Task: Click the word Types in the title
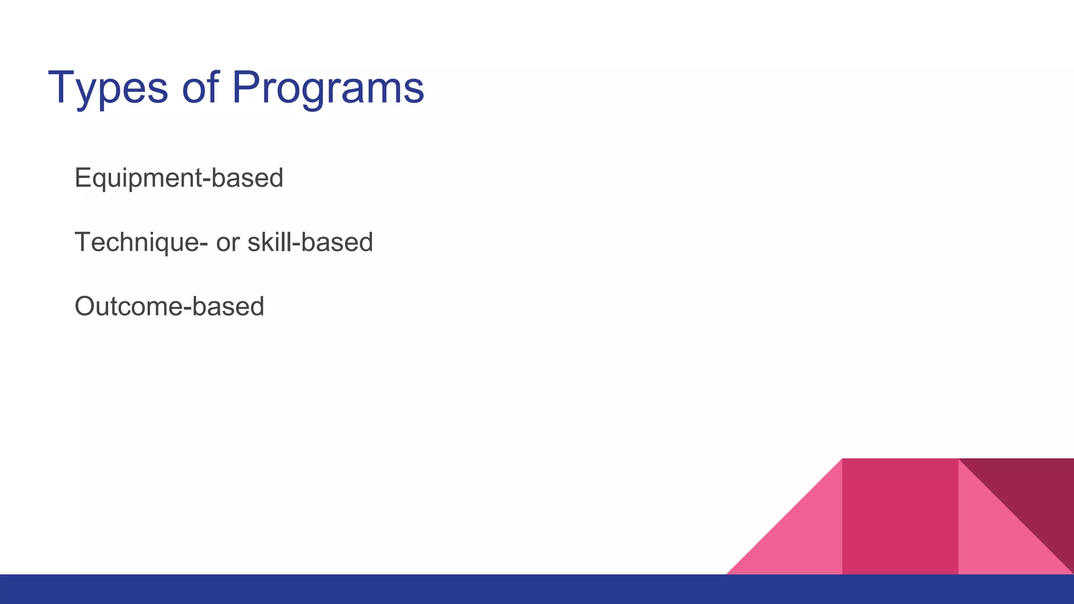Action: point(108,88)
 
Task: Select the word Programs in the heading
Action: point(328,88)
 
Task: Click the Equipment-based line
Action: point(179,178)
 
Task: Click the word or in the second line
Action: point(228,243)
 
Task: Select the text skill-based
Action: point(310,243)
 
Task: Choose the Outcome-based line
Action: point(169,307)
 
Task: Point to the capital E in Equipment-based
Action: point(83,178)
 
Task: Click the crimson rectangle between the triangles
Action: point(900,516)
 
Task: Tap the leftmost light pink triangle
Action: point(802,540)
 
